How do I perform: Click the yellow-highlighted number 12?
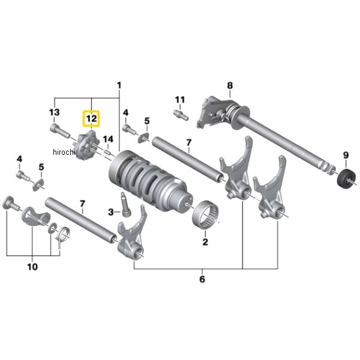[x=92, y=119]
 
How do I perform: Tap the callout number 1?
[x=119, y=86]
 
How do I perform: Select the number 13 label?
[x=55, y=112]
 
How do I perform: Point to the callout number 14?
[x=108, y=139]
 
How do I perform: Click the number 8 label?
[x=230, y=85]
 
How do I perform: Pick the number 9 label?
[x=346, y=155]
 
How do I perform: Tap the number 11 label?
[x=180, y=100]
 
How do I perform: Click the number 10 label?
[x=32, y=267]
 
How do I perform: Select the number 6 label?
[x=202, y=279]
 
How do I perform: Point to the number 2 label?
[x=205, y=242]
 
